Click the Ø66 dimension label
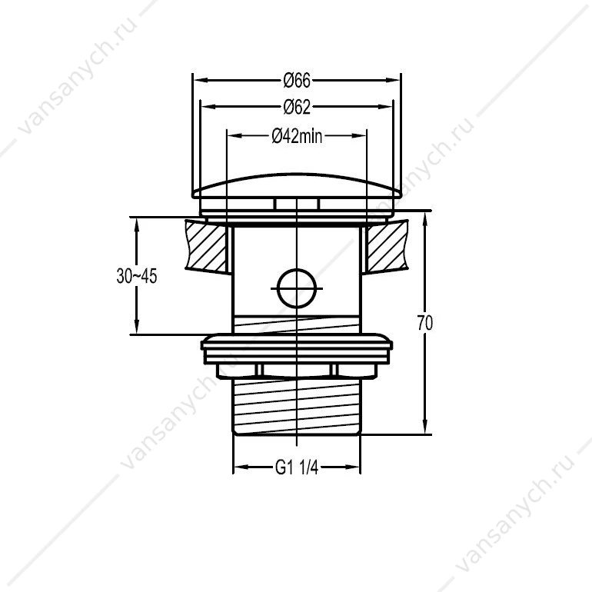click(x=297, y=81)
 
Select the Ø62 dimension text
click(x=297, y=107)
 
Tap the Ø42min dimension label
click(x=297, y=136)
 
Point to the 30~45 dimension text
click(x=136, y=276)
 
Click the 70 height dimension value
click(x=425, y=323)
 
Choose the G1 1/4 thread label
click(x=297, y=468)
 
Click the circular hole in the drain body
click(x=296, y=288)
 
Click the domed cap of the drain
click(x=296, y=186)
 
